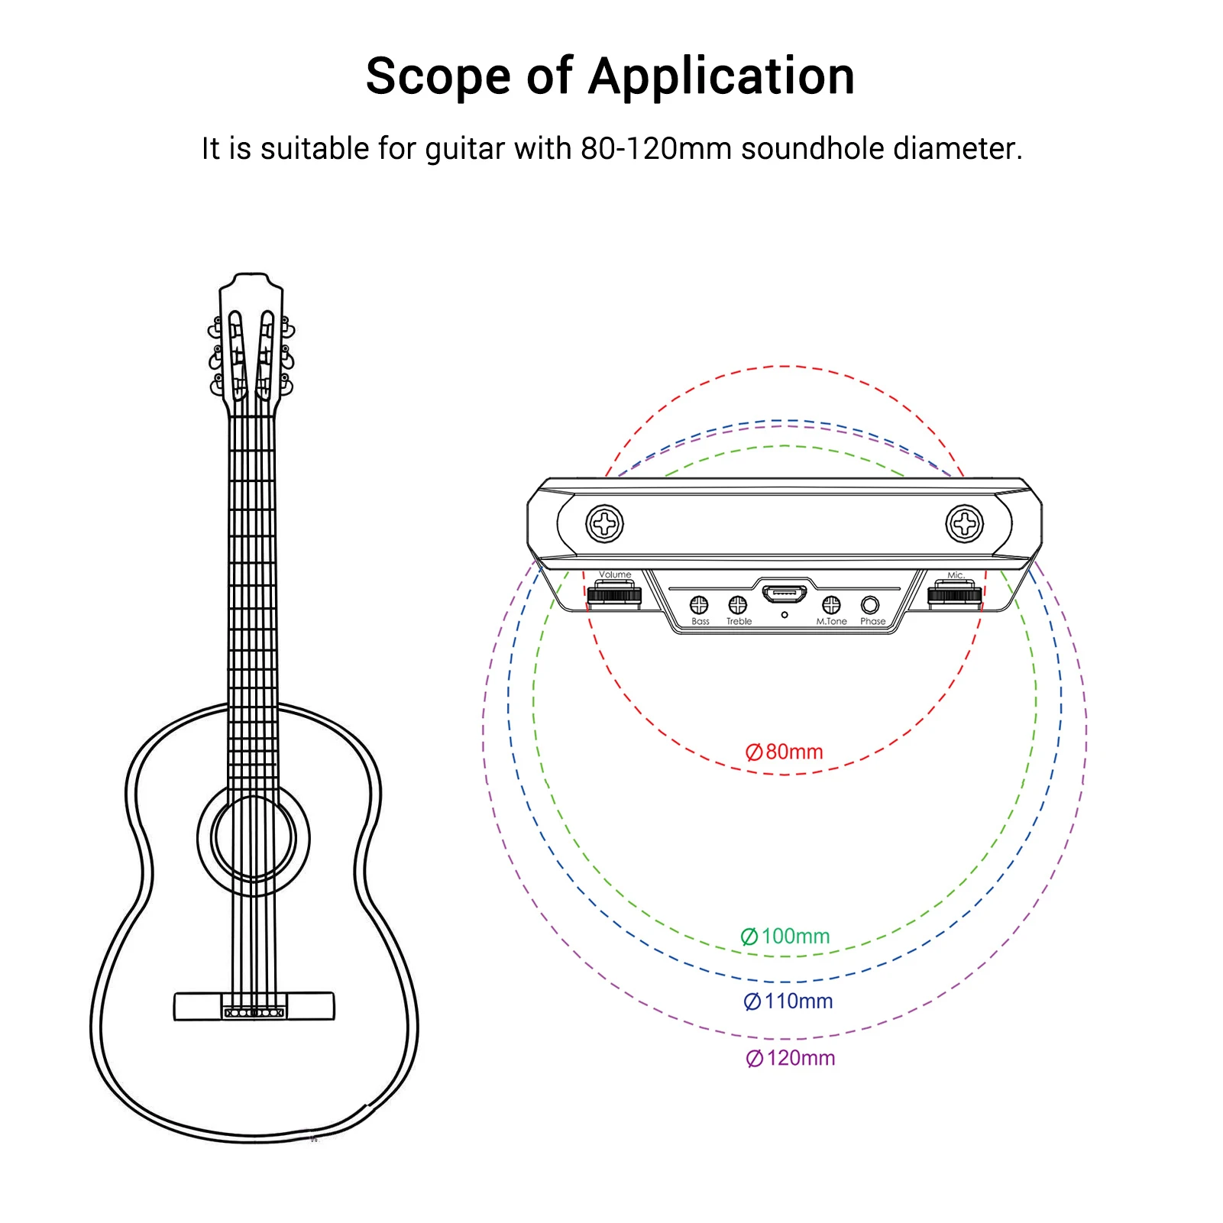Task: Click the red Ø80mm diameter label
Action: [x=785, y=752]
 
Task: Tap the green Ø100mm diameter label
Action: [x=785, y=937]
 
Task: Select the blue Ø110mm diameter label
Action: [x=788, y=1001]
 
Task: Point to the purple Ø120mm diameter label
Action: [x=791, y=1059]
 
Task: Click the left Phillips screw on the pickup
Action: [x=605, y=524]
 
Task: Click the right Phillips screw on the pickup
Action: [x=965, y=524]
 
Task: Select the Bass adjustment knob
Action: [x=699, y=605]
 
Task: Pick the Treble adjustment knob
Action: [x=737, y=605]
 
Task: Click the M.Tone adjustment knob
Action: [x=831, y=605]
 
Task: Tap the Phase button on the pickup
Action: [x=870, y=605]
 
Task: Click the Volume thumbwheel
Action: [x=615, y=594]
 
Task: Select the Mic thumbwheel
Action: [x=955, y=594]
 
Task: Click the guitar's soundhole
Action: [x=254, y=838]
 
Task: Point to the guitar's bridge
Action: [x=254, y=1006]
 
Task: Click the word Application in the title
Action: [x=722, y=77]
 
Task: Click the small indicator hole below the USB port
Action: [x=785, y=615]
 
